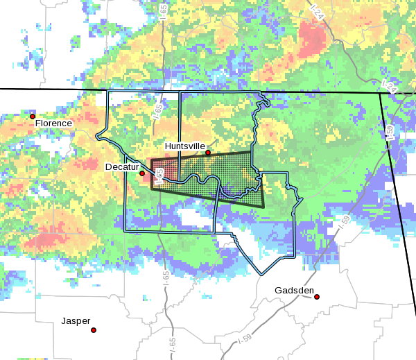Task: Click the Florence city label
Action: (53, 123)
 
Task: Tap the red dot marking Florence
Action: (33, 116)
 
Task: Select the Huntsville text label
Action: (184, 146)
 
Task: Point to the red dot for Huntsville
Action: (208, 153)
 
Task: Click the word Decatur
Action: (121, 167)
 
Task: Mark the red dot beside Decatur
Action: (143, 173)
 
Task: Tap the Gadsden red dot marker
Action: (317, 297)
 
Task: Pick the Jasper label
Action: (76, 321)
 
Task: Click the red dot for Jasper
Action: (94, 330)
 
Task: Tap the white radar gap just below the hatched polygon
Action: (191, 218)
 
